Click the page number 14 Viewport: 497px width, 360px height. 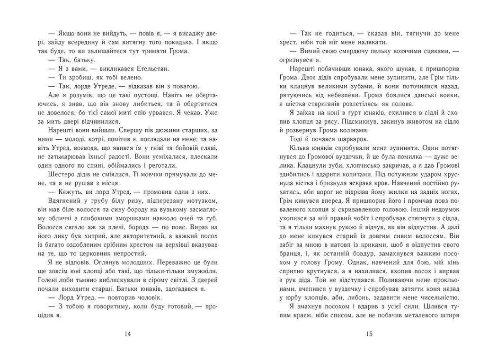126,334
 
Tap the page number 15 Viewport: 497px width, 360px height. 370,334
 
